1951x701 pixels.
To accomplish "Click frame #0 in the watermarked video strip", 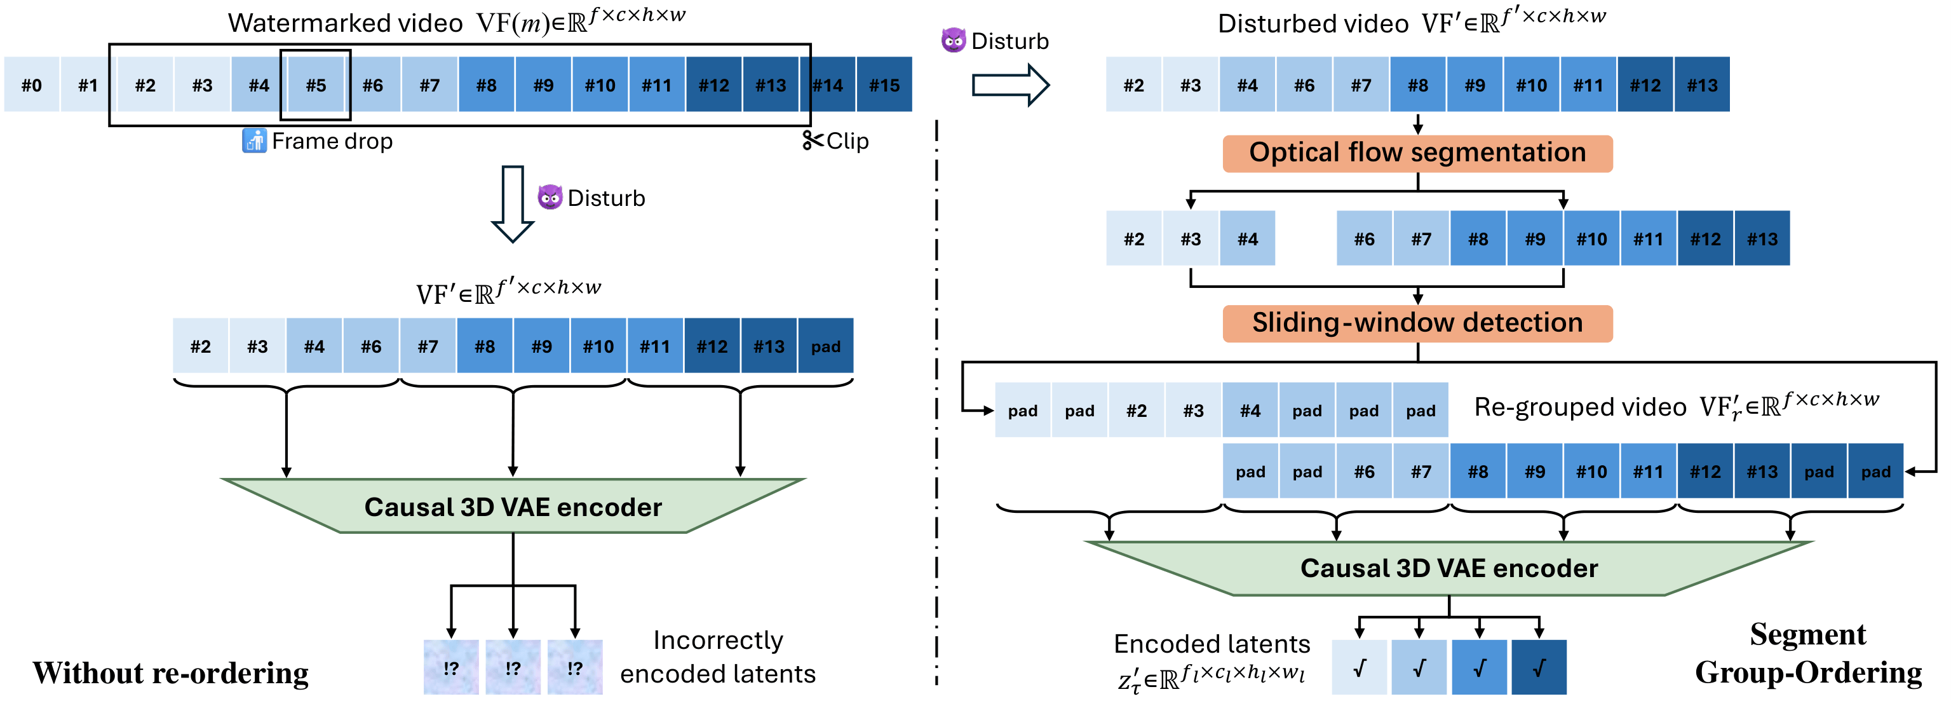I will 31,85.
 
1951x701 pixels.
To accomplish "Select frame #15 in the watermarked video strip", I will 884,85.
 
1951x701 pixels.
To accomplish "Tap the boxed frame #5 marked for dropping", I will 316,85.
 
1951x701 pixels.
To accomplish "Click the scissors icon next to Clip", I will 812,140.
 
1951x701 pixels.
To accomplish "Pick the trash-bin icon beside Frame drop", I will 253,141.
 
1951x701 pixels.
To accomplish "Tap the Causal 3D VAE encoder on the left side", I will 513,507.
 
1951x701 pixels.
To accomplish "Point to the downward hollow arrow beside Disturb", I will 513,203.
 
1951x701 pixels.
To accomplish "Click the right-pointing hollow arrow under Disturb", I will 1009,85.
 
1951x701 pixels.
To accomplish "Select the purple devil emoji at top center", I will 953,40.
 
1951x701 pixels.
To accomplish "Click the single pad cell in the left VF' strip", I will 825,346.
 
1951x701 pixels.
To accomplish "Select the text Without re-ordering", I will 170,673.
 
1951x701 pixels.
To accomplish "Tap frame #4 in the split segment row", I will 1247,240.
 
